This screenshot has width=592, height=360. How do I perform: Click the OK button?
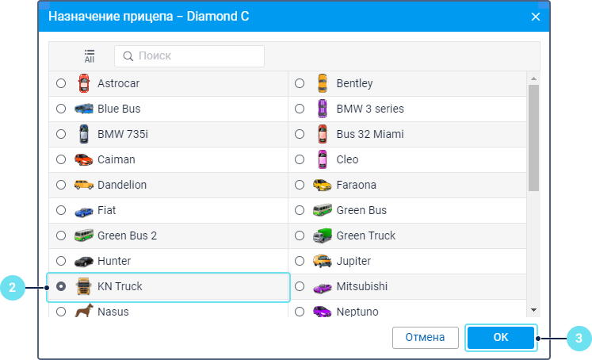coord(501,337)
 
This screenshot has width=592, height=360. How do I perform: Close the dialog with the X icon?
coord(536,17)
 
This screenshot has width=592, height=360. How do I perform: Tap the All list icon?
coord(90,56)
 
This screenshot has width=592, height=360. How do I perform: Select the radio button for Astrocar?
coord(61,83)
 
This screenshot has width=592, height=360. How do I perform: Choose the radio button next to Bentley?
coord(300,83)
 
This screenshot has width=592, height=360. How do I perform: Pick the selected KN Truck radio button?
coord(61,286)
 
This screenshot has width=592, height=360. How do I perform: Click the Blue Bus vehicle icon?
coord(83,109)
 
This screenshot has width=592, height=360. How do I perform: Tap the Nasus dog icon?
coord(83,312)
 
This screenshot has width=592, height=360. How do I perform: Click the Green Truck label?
coord(365,236)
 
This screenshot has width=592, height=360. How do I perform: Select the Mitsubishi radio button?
coord(300,286)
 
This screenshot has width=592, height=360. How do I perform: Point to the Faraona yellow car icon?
coord(322,185)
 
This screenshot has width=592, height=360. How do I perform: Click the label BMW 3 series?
coord(370,109)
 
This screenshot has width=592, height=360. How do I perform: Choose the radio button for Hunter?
coord(61,261)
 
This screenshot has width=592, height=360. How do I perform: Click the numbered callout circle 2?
coord(12,287)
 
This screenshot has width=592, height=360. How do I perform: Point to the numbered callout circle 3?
coord(579,338)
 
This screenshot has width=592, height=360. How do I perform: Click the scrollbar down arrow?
coord(533,310)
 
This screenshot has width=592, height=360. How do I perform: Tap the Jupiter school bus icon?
coord(322,261)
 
